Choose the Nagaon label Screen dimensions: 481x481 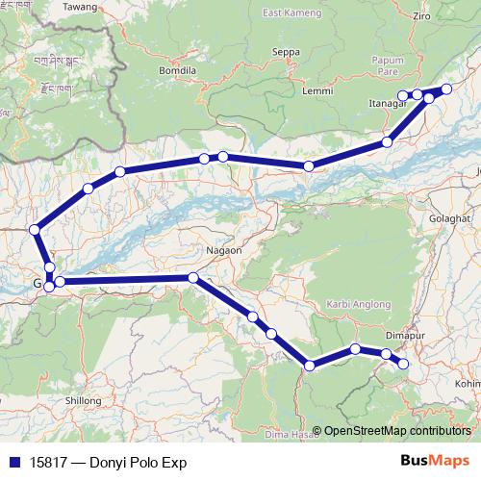[x=221, y=249]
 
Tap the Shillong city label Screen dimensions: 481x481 [x=82, y=400]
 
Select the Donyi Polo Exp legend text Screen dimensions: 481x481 [x=107, y=463]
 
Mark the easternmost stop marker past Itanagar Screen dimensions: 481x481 [x=446, y=89]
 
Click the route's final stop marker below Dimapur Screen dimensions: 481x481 [x=403, y=364]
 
